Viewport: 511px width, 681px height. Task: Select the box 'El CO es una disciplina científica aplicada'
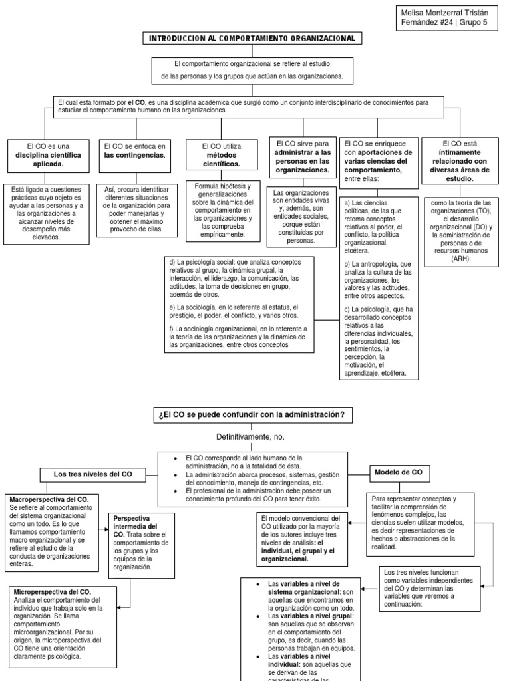click(49, 154)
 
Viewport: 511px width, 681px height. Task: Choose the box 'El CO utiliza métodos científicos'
click(222, 154)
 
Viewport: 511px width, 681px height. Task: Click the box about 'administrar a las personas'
click(303, 156)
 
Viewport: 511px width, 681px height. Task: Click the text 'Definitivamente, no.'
click(251, 437)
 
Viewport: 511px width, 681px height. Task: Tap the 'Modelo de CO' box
click(399, 472)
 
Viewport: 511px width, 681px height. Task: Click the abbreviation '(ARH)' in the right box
click(460, 259)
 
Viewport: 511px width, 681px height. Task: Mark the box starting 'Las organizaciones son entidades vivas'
click(303, 215)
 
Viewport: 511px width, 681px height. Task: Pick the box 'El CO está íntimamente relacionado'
click(460, 160)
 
